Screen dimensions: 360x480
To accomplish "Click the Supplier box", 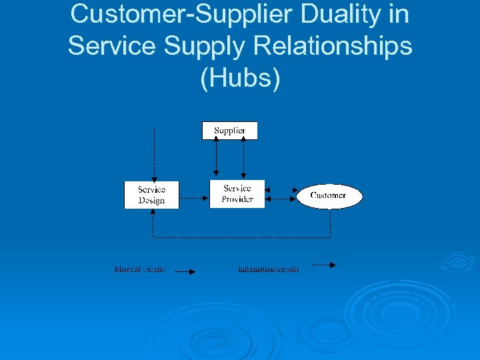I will point(229,130).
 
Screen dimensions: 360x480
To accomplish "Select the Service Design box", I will point(151,195).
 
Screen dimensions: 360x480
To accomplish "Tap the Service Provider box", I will point(237,193).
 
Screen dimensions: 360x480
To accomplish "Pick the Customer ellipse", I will point(329,196).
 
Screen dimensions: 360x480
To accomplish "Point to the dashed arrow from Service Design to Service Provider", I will point(193,198).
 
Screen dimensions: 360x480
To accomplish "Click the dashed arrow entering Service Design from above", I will point(154,153).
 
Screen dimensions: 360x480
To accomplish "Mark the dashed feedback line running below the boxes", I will point(240,237).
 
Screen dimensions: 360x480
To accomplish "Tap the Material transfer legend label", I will point(139,269).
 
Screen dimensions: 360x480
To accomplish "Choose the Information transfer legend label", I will point(269,269).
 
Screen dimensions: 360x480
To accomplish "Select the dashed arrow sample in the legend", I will point(323,265).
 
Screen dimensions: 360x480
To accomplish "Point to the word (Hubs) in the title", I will point(240,77).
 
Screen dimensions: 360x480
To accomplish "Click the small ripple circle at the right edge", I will point(458,261).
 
